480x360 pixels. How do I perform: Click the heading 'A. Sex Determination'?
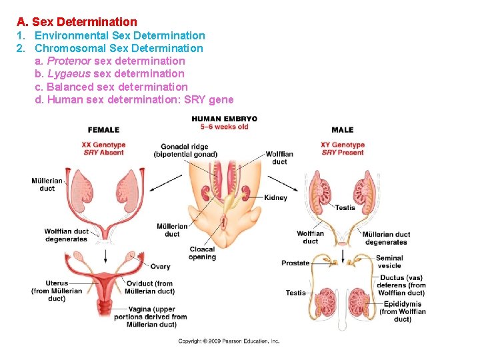tap(77, 22)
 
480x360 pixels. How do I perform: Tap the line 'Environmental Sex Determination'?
tap(120, 35)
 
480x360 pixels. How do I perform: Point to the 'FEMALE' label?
tap(103, 129)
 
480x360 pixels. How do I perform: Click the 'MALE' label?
tap(342, 129)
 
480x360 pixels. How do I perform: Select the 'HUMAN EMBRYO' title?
tap(224, 119)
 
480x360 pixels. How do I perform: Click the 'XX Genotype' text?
tap(103, 145)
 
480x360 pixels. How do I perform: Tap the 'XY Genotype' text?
tap(343, 145)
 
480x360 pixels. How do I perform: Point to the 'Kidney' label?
tap(275, 197)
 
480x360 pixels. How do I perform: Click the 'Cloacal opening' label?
tap(202, 253)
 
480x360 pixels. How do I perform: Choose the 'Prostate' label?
tap(295, 263)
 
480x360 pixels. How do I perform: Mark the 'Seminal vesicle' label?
tap(389, 261)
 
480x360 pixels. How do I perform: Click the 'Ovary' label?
tap(160, 267)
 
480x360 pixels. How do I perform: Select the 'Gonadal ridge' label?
tap(185, 147)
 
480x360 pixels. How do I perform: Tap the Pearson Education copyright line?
tap(229, 341)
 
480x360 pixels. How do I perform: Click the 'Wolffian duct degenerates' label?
tap(66, 235)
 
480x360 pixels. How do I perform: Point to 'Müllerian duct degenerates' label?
tap(386, 238)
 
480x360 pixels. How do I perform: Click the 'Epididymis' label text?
tap(403, 304)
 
